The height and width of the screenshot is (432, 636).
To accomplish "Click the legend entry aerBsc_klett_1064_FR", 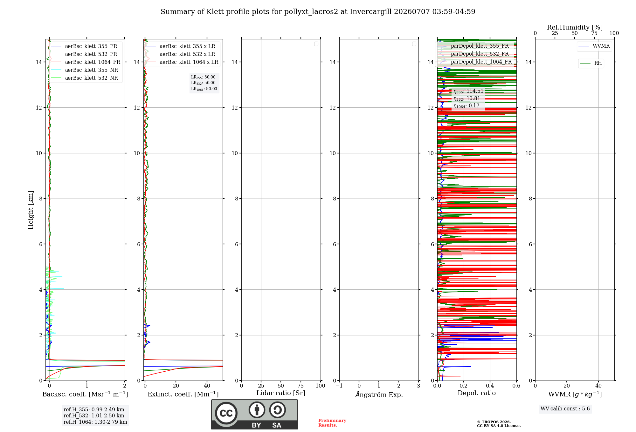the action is (x=86, y=62).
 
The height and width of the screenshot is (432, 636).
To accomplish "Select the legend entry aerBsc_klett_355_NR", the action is (x=85, y=70).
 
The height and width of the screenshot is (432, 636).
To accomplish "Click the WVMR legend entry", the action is (x=594, y=46).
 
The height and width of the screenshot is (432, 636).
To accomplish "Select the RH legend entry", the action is (x=591, y=63).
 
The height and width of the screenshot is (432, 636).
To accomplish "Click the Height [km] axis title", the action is (x=31, y=210).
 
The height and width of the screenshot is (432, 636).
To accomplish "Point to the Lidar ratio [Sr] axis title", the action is (x=281, y=393).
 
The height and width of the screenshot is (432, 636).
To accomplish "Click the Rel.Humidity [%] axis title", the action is (x=575, y=27).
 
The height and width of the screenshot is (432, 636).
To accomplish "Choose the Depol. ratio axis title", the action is (x=477, y=393).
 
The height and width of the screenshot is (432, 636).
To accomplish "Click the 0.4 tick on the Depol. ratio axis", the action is (x=490, y=386).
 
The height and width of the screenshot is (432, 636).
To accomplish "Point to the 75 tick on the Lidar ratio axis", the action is (x=301, y=386).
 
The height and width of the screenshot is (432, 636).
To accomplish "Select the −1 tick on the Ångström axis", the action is (x=339, y=386).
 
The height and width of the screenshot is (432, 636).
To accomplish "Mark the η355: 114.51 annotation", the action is (x=468, y=91).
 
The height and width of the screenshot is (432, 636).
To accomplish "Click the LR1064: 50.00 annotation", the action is (x=204, y=89).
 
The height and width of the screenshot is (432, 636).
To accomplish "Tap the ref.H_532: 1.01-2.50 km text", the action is (x=94, y=416).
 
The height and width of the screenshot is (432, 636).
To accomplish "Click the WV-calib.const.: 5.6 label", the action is (x=565, y=409).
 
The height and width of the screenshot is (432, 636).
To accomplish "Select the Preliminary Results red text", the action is (x=332, y=423).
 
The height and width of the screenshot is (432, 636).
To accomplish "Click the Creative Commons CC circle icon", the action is (x=226, y=413).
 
